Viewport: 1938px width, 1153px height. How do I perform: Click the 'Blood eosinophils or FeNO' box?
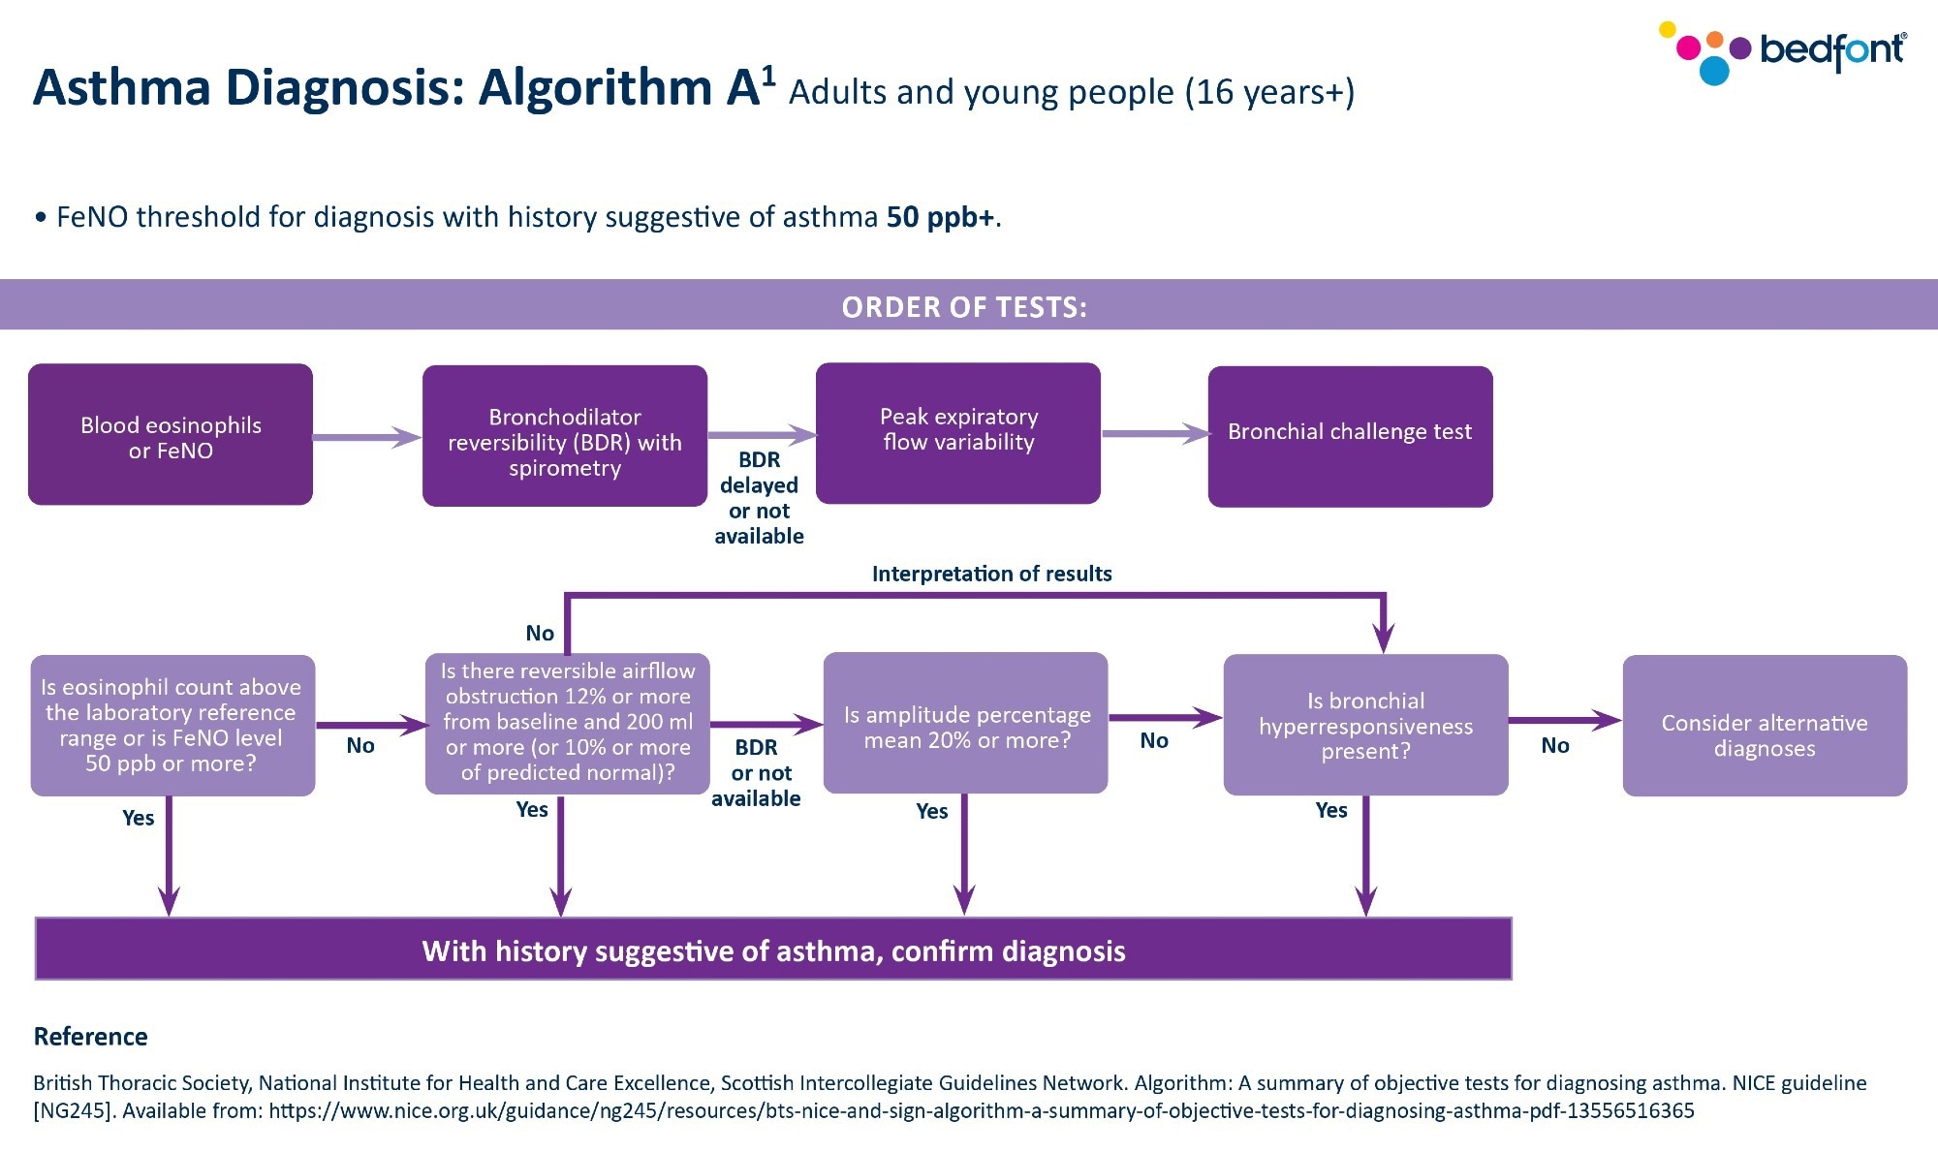pyautogui.click(x=171, y=435)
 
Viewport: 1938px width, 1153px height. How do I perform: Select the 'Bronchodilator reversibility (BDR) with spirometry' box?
pyautogui.click(x=565, y=437)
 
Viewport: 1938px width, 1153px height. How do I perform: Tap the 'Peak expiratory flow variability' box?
pyautogui.click(x=958, y=432)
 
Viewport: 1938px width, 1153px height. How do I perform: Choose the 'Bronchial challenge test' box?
pyautogui.click(x=1350, y=436)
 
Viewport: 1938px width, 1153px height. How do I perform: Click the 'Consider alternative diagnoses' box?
pyautogui.click(x=1765, y=726)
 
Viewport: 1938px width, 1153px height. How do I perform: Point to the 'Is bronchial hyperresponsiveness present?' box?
pyautogui.click(x=1365, y=726)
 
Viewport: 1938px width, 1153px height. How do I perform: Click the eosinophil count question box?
pyautogui.click(x=172, y=726)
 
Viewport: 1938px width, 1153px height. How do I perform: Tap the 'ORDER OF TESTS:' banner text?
pyautogui.click(x=964, y=307)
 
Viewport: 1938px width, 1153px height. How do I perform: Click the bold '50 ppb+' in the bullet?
pyautogui.click(x=940, y=217)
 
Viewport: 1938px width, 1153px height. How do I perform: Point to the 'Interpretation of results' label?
pyautogui.click(x=991, y=574)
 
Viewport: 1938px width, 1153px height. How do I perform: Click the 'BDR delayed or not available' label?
pyautogui.click(x=759, y=498)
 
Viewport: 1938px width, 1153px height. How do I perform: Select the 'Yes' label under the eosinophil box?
pyautogui.click(x=138, y=818)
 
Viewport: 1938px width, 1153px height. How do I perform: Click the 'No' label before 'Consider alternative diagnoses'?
pyautogui.click(x=1554, y=745)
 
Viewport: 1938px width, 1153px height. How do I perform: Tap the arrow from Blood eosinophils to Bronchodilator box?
pyautogui.click(x=366, y=438)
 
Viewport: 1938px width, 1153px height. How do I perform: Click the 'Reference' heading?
pyautogui.click(x=91, y=1037)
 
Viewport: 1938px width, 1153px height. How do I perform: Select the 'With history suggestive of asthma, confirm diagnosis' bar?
pyautogui.click(x=773, y=950)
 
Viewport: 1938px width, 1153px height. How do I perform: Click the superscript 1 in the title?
pyautogui.click(x=768, y=76)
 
